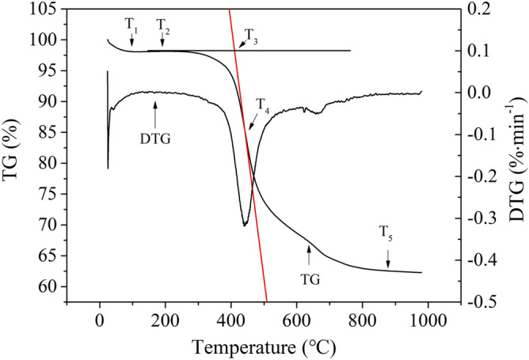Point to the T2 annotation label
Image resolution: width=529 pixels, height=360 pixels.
click(163, 25)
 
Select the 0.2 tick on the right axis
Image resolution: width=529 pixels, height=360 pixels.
click(478, 9)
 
